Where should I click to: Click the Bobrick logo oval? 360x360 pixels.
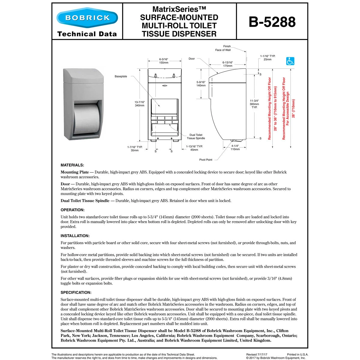(x=87, y=18)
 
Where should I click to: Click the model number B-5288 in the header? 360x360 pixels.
(x=272, y=22)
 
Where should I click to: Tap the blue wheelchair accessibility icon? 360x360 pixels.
(x=290, y=61)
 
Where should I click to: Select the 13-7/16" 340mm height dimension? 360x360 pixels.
(x=139, y=104)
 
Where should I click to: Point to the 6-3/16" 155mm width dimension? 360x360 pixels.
(x=163, y=61)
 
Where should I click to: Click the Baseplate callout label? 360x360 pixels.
(x=121, y=76)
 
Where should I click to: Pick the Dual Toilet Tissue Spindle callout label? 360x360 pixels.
(x=196, y=136)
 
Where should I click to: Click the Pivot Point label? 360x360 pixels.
(x=206, y=160)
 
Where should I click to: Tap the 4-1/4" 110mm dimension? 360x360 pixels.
(x=235, y=147)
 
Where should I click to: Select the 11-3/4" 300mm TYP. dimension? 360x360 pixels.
(x=254, y=104)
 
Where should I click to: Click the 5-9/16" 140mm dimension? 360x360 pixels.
(x=201, y=84)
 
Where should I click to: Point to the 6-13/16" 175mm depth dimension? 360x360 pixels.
(x=227, y=64)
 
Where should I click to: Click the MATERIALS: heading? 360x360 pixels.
(x=72, y=165)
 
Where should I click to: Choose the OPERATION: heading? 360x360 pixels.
(x=73, y=210)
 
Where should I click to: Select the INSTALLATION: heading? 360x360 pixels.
(x=75, y=236)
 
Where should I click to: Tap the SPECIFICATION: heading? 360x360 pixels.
(x=76, y=292)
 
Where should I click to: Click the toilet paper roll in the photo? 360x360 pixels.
(x=85, y=118)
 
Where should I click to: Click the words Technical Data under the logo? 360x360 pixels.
(x=87, y=34)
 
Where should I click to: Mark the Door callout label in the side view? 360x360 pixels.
(x=192, y=59)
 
